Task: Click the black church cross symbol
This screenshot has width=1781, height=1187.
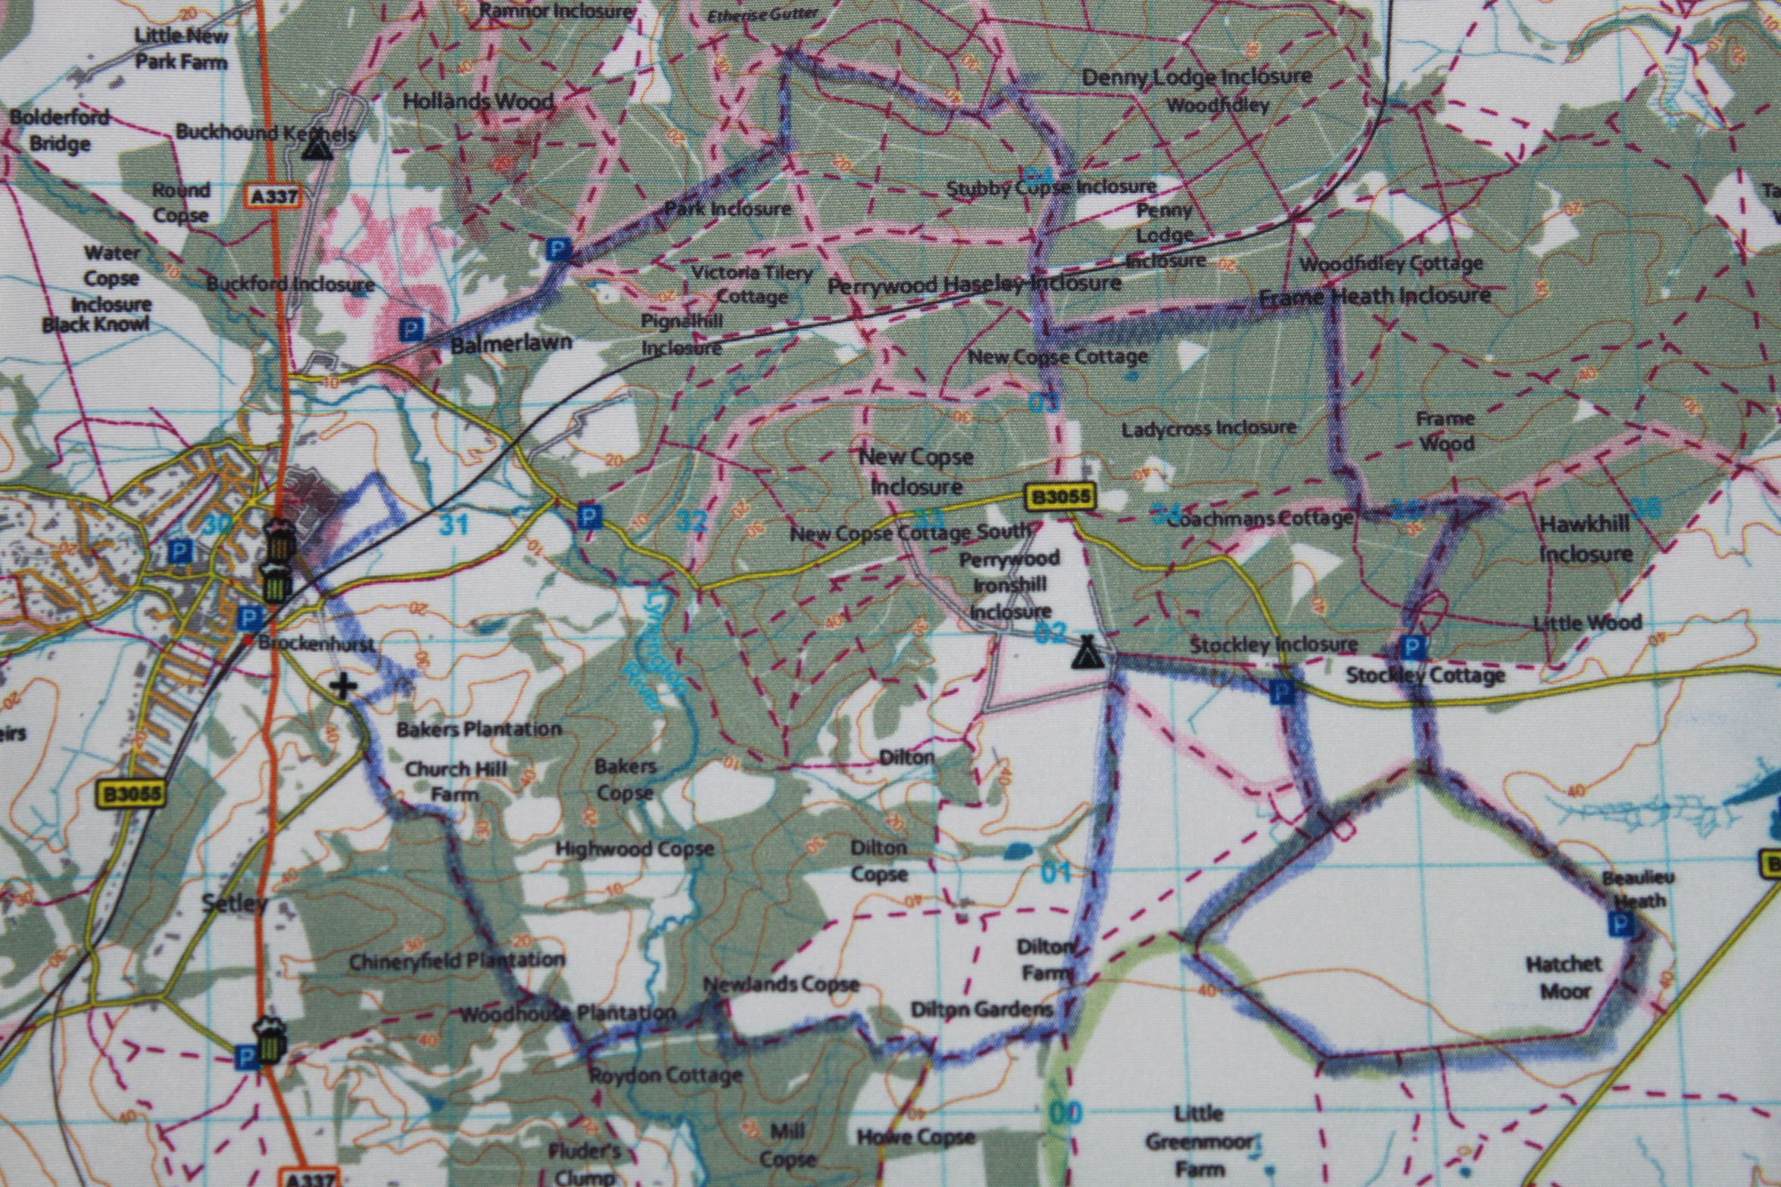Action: [344, 687]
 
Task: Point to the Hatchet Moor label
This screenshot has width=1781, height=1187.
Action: [1564, 977]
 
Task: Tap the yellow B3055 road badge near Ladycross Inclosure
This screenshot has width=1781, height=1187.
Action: [1060, 497]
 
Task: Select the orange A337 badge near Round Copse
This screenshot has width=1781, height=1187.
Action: [273, 197]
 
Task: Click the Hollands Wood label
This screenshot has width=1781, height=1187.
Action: [478, 101]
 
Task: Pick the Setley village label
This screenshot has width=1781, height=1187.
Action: [235, 902]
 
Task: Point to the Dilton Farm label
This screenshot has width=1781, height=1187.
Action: [1045, 959]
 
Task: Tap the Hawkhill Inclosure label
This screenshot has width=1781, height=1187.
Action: [1585, 539]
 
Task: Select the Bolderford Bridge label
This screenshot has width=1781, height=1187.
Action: [60, 130]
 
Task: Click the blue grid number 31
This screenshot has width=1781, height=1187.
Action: [454, 524]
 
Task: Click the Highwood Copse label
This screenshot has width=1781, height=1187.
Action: [635, 848]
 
